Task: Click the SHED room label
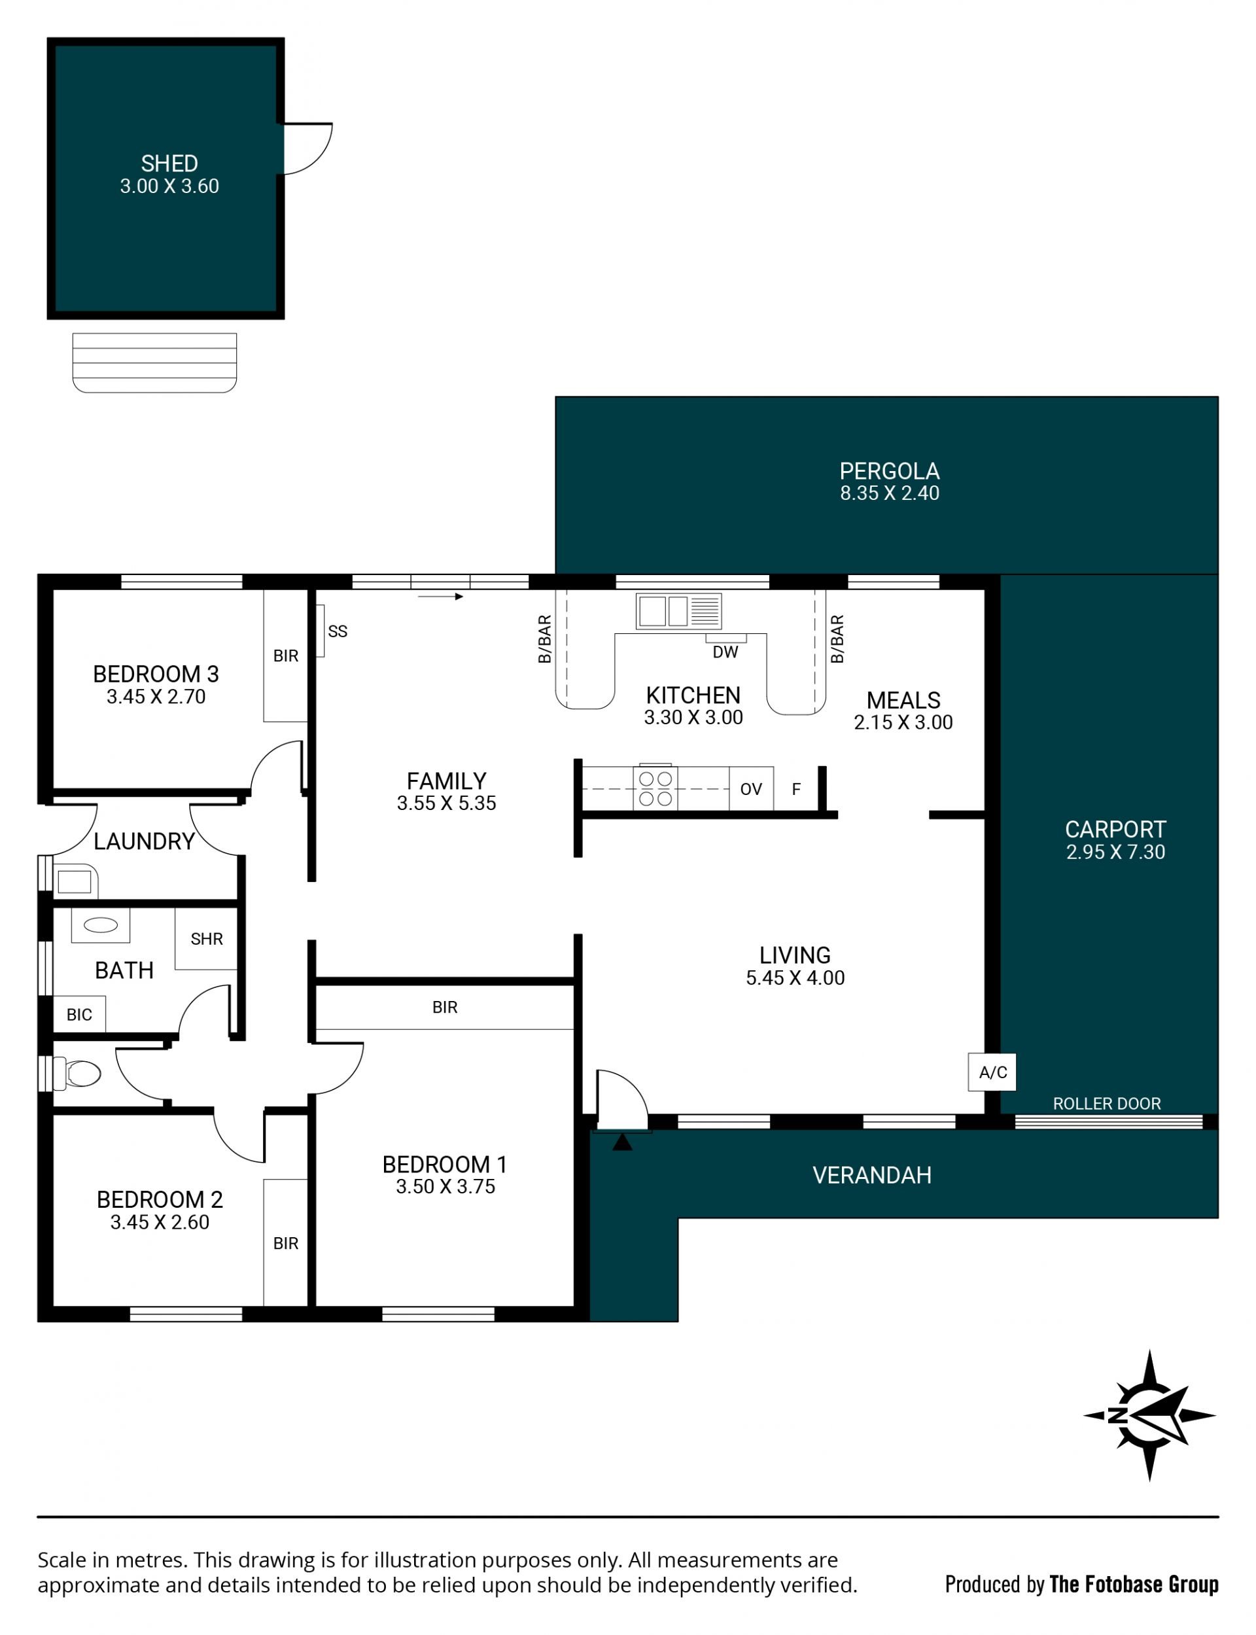169,163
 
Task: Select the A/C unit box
992,1072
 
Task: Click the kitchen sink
678,611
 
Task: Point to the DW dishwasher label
725,652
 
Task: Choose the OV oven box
752,789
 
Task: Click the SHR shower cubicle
206,938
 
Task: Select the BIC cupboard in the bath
79,1015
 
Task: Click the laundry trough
75,881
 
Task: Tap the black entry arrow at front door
622,1142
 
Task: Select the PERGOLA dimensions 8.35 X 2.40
890,493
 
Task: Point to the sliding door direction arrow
440,597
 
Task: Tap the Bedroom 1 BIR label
445,1007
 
